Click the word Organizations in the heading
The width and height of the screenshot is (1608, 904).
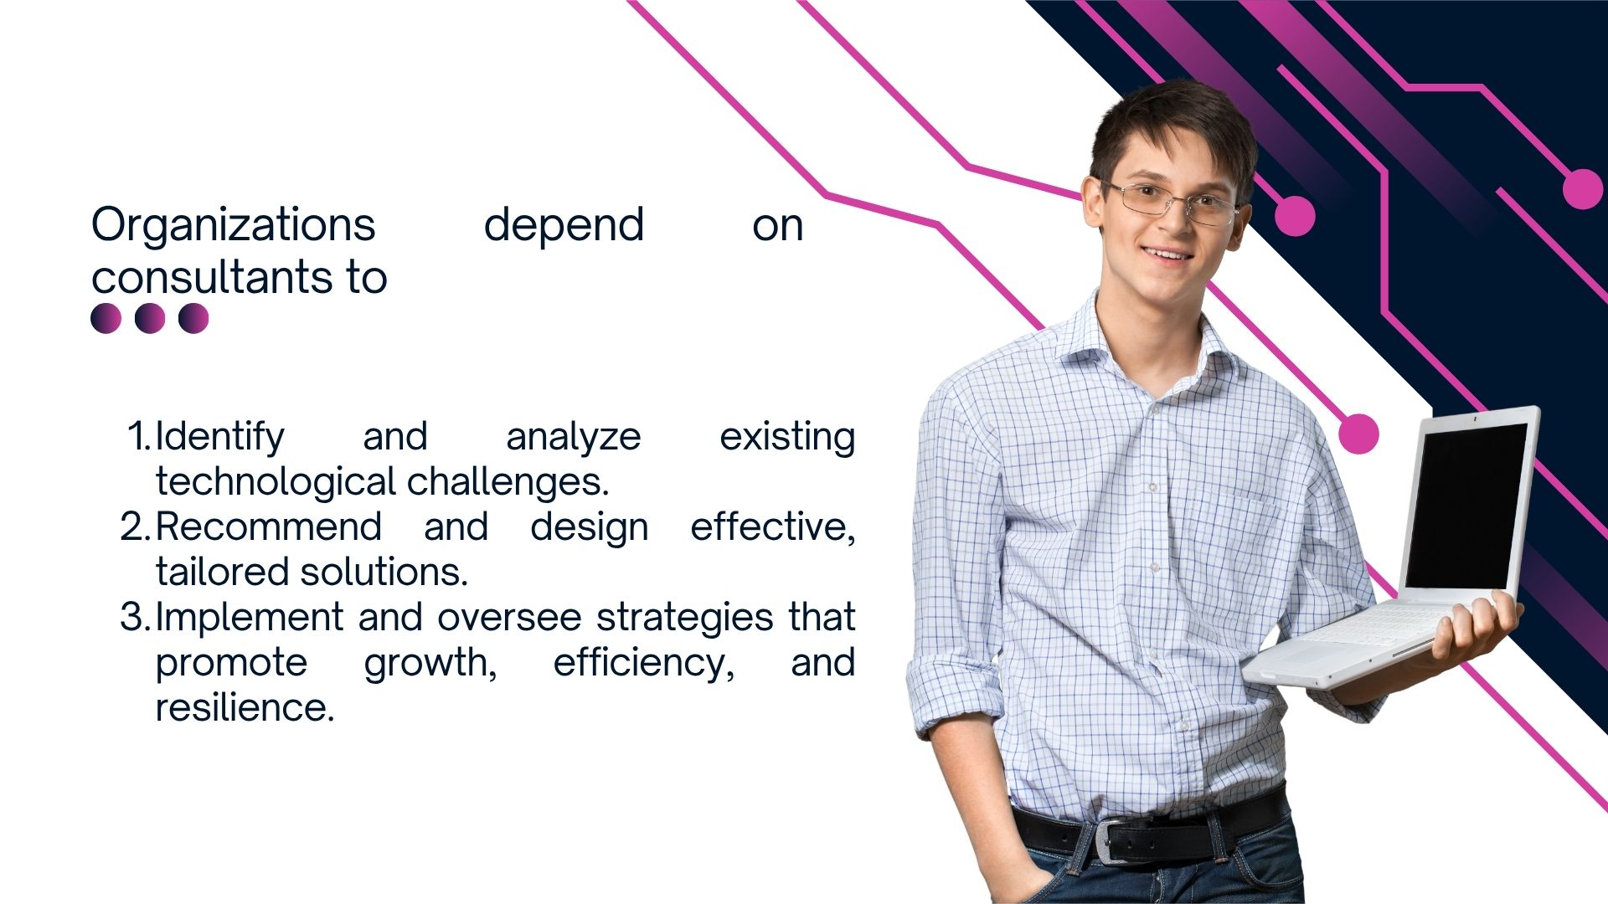(x=234, y=226)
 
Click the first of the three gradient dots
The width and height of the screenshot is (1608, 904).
(x=106, y=318)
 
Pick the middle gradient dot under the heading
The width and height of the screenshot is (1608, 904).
(x=150, y=318)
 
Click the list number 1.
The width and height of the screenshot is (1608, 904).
(x=139, y=436)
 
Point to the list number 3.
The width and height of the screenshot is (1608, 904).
(x=135, y=617)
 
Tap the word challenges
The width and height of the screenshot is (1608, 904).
(x=508, y=482)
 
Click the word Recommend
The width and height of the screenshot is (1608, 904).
(x=269, y=526)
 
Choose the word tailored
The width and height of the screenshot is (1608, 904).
(x=223, y=572)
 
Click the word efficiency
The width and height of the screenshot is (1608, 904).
(x=644, y=663)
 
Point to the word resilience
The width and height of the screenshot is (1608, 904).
(x=245, y=707)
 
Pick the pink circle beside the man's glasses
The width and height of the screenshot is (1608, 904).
(x=1295, y=216)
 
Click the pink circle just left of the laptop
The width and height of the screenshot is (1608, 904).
(x=1358, y=434)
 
